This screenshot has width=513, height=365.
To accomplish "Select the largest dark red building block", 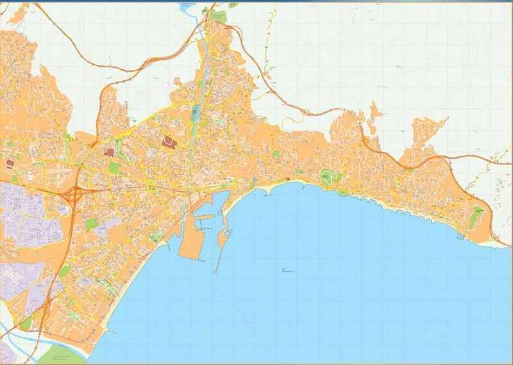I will point(170,142).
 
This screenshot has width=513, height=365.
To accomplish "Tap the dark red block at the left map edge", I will point(10,164).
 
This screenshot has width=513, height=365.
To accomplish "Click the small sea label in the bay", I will point(286,270).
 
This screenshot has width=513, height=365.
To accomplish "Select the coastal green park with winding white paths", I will point(328,177).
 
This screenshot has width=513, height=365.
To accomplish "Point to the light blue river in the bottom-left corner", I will point(13,333).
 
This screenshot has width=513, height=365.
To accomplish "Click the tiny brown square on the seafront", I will point(289,178).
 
